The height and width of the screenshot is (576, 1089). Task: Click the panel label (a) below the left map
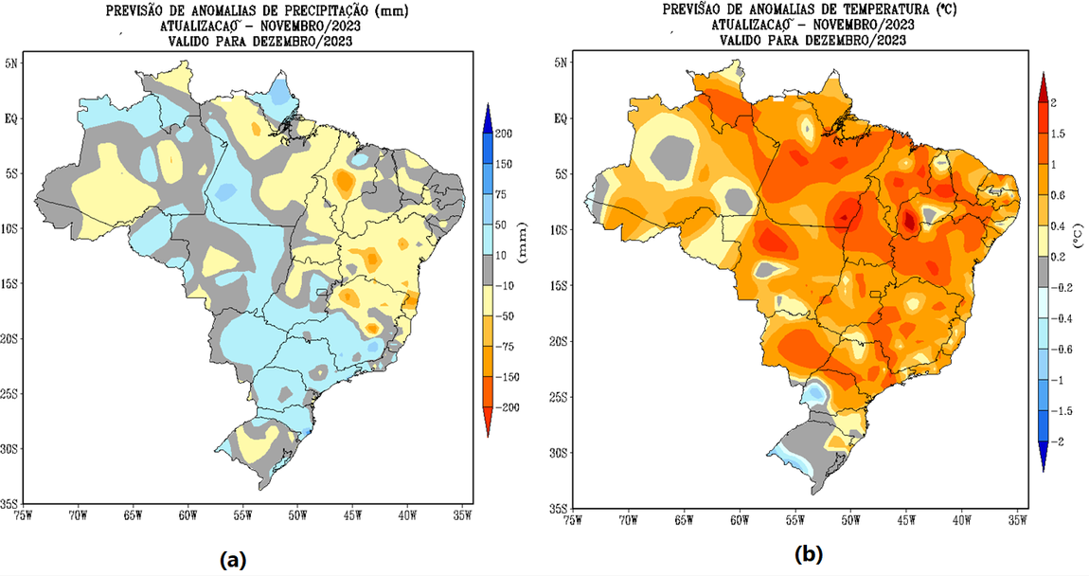(233, 560)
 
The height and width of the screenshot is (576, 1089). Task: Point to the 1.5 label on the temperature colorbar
(1058, 134)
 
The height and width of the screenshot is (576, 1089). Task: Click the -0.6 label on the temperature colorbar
(1062, 349)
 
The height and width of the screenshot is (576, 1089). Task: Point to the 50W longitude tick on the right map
(850, 520)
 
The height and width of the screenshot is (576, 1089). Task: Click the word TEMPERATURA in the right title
(830, 9)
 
